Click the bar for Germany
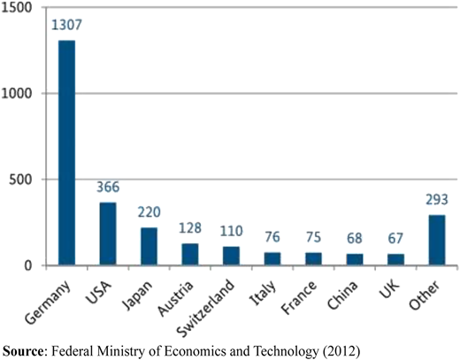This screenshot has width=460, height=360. (x=66, y=153)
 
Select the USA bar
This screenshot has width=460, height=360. (x=108, y=234)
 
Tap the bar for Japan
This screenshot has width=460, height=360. (x=149, y=246)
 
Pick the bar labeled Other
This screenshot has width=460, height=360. (x=437, y=240)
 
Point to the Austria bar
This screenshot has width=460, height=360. (x=190, y=254)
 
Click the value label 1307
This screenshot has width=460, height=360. (x=66, y=25)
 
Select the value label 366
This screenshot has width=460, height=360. (x=108, y=187)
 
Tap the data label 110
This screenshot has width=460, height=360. (x=232, y=231)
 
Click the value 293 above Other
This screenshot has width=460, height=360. (x=437, y=200)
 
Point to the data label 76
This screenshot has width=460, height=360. (x=272, y=237)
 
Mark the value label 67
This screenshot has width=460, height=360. (x=395, y=238)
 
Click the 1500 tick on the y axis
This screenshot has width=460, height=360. (x=16, y=7)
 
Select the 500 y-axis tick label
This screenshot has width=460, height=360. (x=20, y=180)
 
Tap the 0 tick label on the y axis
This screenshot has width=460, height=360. (x=28, y=265)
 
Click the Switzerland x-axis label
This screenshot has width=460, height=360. (x=205, y=308)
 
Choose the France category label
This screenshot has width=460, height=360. (x=299, y=296)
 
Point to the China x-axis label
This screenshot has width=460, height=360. (x=342, y=295)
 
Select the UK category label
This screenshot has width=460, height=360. (x=389, y=288)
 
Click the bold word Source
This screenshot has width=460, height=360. (x=23, y=351)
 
